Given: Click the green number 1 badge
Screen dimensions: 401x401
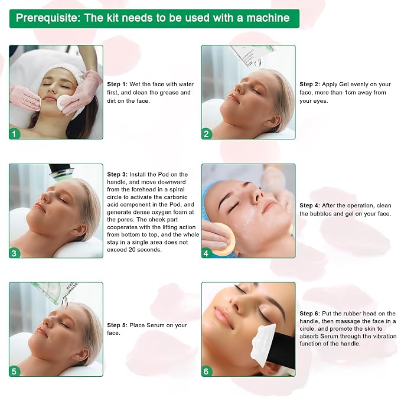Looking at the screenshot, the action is [x=14, y=133].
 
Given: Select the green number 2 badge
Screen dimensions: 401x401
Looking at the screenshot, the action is [x=207, y=133].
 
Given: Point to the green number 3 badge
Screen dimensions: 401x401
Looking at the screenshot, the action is [x=14, y=253].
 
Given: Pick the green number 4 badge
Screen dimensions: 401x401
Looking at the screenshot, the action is [x=207, y=253].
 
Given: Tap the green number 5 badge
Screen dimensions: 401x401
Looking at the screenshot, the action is [x=14, y=371].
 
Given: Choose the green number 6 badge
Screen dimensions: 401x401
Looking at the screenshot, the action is [x=207, y=371].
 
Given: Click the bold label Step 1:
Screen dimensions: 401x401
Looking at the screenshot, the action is [x=117, y=84].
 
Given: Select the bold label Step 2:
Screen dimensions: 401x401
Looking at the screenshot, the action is [x=309, y=84].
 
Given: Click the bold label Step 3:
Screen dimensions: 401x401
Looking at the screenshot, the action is [x=117, y=174].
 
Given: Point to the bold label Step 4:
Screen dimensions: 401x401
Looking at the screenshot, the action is [x=309, y=206].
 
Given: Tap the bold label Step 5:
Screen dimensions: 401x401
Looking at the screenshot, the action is [x=117, y=325].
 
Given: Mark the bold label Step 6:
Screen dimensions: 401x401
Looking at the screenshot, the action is [x=309, y=314].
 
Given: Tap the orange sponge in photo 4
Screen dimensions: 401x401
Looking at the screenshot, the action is [x=223, y=239].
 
